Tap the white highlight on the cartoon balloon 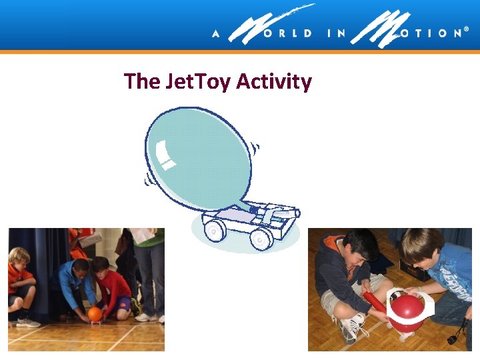coord(166,160)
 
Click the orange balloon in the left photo coord(95,313)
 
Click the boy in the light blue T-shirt coord(443,273)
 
